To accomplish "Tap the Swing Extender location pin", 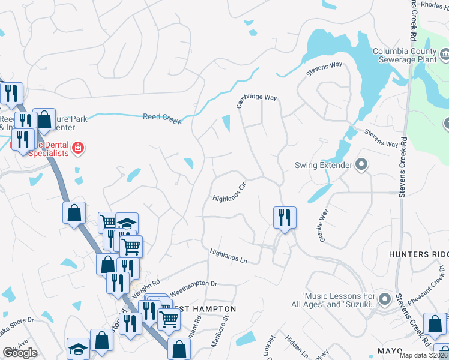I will (361, 164).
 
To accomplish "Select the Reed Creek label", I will (162, 118).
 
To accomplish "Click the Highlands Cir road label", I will (230, 192).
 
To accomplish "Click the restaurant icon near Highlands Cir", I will (283, 217).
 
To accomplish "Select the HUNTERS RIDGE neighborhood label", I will (418, 254).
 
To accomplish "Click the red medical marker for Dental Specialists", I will (78, 148).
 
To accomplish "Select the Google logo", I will (20, 353).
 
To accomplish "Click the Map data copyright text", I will (424, 355).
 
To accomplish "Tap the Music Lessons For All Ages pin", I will (385, 299).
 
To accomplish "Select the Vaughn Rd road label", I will (146, 290).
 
